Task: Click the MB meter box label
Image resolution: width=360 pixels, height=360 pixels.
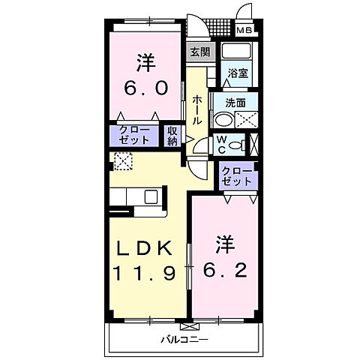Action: point(245,31)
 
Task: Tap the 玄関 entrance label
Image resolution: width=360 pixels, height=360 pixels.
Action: point(199,52)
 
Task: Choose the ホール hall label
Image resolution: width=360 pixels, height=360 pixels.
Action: point(196,110)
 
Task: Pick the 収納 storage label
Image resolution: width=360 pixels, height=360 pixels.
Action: point(172,136)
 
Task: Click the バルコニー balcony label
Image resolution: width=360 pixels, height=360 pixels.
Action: point(184,340)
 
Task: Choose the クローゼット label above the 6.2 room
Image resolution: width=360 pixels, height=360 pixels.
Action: point(237,176)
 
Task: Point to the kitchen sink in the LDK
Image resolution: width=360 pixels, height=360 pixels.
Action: point(151,197)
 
